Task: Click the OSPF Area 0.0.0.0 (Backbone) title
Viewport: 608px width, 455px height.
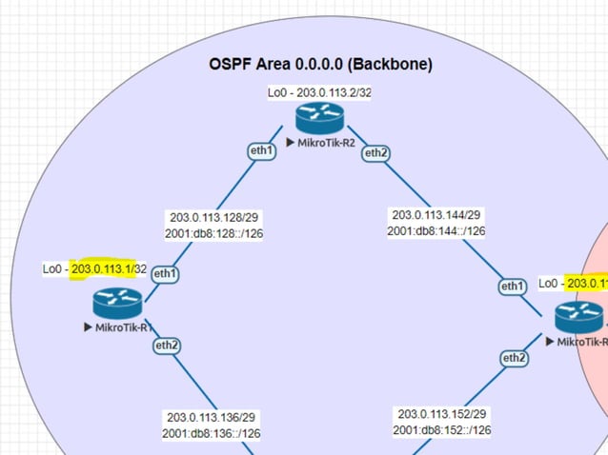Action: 320,65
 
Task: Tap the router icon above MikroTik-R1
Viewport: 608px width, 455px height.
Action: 118,304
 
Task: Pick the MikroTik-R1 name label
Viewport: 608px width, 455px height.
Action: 123,327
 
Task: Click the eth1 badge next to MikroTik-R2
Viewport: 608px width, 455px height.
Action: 261,149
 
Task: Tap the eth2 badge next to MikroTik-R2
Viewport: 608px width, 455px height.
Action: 375,153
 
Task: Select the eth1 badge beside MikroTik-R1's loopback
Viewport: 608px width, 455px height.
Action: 165,274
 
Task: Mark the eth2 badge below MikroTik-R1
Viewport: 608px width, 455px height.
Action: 167,346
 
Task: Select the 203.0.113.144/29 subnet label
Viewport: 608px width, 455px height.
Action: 436,215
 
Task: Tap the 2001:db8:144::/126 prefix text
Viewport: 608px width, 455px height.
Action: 436,230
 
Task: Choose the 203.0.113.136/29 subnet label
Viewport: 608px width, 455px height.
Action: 212,417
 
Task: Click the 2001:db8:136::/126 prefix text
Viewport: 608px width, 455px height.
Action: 212,433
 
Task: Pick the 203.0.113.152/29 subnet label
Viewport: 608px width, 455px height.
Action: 442,414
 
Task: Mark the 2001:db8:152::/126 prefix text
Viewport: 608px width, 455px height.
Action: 442,430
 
